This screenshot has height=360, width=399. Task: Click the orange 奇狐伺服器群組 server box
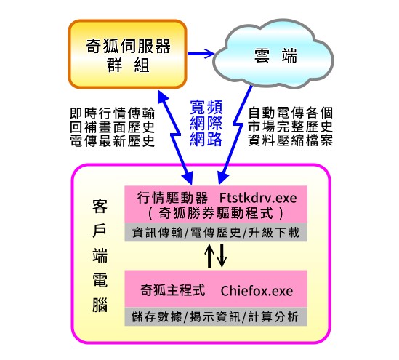[x=127, y=55]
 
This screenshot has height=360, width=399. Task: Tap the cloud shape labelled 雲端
[x=273, y=54]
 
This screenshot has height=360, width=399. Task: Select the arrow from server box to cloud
[x=201, y=54]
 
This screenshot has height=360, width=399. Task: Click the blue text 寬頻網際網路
[x=206, y=124]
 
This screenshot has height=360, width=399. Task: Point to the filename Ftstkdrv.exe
[x=258, y=198]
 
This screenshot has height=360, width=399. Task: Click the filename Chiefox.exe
[x=257, y=291]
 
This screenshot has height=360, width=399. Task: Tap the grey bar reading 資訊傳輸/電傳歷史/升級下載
[x=216, y=232]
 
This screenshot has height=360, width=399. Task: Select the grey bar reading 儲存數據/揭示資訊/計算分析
[x=216, y=316]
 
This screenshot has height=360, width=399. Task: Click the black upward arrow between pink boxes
[x=209, y=255]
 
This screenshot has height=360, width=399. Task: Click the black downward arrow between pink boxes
[x=222, y=255]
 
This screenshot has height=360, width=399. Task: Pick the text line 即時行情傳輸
[x=113, y=113]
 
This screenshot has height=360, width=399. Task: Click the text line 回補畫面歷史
[x=113, y=127]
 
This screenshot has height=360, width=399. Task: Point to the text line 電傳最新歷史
[x=113, y=141]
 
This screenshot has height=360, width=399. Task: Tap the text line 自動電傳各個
[x=290, y=113]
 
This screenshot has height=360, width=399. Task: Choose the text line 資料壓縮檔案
[x=290, y=140]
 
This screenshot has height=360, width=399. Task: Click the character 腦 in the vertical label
[x=100, y=305]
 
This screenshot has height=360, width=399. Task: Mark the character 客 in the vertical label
[x=100, y=206]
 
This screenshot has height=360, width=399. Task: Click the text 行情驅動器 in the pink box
[x=173, y=198]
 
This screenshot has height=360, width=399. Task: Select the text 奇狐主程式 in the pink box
[x=173, y=290]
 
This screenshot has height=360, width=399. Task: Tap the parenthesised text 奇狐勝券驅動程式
[x=216, y=213]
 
